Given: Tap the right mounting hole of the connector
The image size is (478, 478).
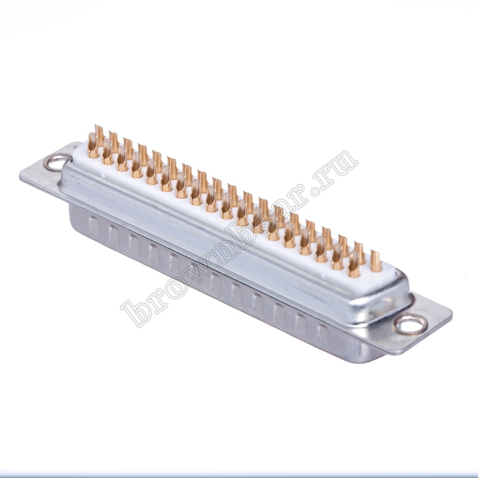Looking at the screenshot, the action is pyautogui.click(x=409, y=325).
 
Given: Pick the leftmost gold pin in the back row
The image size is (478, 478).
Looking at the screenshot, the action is pyautogui.click(x=99, y=134).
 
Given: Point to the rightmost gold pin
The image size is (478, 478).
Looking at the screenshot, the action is pyautogui.click(x=376, y=261).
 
